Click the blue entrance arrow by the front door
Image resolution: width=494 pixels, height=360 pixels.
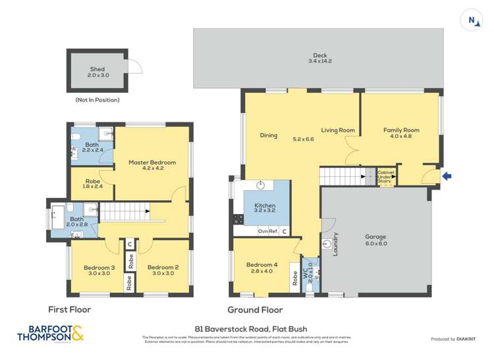coord(448,176)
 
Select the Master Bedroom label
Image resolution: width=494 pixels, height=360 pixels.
coord(152,162)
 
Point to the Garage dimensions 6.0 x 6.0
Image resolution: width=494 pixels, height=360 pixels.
coord(375,244)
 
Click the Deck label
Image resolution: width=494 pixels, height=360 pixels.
coord(319,55)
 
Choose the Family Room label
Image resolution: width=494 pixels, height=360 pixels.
coord(401,130)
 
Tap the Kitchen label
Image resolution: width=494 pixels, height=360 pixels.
coord(265,205)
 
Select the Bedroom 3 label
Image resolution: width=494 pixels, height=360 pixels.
coord(99,267)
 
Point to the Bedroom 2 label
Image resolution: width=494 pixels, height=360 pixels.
coord(163,267)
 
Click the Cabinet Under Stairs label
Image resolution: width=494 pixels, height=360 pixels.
coord(385,177)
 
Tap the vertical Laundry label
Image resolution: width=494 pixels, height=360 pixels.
coord(335,244)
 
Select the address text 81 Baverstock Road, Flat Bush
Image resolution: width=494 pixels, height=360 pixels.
coord(251,329)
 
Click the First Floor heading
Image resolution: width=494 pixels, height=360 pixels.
coord(69,309)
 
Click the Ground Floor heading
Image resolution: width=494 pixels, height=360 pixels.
coord(255,309)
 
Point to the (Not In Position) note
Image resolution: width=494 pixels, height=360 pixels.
coord(97,100)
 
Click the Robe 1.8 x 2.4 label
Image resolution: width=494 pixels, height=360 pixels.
coord(93,182)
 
